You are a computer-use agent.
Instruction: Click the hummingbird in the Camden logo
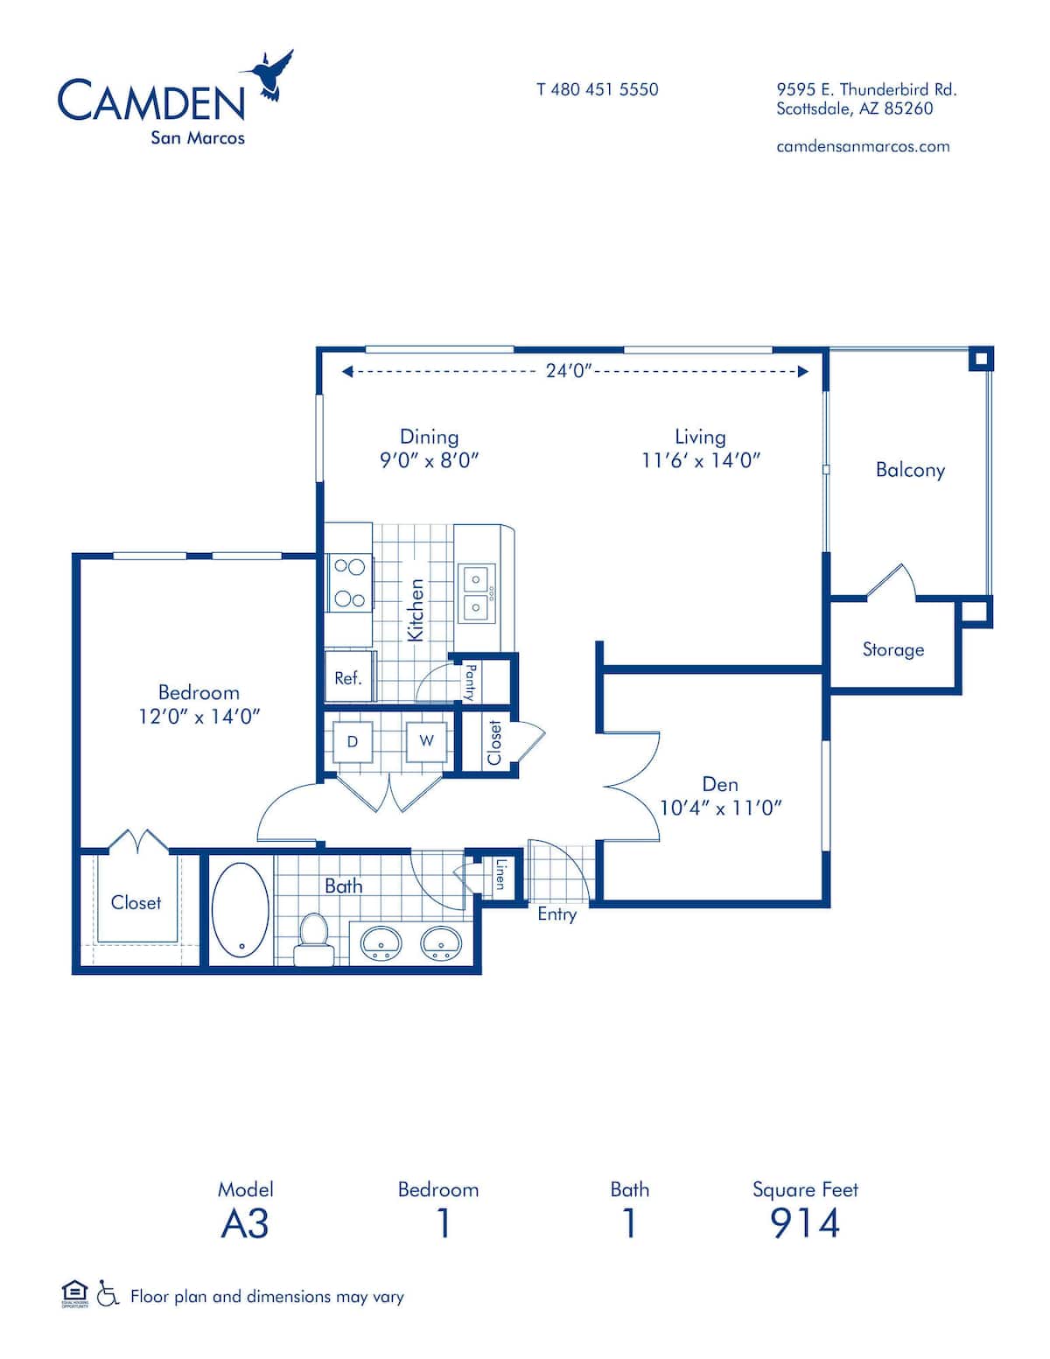[272, 76]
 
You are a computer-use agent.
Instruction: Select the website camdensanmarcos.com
[863, 146]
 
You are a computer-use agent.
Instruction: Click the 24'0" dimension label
[570, 371]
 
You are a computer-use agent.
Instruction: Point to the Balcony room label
[910, 470]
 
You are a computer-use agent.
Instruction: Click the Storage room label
[892, 649]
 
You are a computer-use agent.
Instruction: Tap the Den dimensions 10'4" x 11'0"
[719, 808]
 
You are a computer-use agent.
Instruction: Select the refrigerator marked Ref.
[348, 677]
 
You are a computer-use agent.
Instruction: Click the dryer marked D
[353, 742]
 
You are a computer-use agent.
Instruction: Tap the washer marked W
[426, 741]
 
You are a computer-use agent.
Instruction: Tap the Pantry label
[471, 682]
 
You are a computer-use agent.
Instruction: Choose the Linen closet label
[500, 873]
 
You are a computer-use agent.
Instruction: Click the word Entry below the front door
[556, 914]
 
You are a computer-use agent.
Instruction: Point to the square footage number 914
[805, 1222]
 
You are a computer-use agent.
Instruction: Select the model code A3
[245, 1222]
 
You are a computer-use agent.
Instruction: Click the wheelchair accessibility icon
[108, 1293]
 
